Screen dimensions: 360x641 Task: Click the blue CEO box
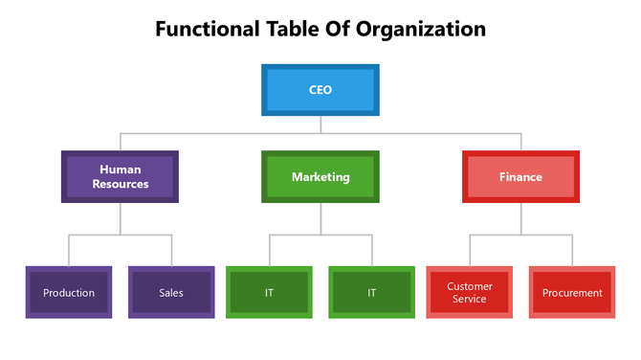[x=320, y=89]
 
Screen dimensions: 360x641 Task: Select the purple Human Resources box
[x=120, y=176]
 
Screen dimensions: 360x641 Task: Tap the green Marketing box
[x=320, y=176]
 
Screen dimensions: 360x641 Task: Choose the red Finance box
[x=520, y=176]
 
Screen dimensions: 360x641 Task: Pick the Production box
[x=69, y=292]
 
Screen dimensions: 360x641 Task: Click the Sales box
[x=171, y=292]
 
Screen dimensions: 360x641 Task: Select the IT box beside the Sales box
[x=269, y=292]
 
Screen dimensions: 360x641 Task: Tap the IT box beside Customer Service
[x=371, y=292]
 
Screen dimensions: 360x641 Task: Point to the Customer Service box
[x=469, y=292]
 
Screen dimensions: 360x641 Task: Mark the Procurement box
[x=572, y=292]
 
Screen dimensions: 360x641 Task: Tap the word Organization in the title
[x=421, y=29]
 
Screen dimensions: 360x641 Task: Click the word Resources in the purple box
[x=121, y=183]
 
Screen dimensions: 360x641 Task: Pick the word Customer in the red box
[x=469, y=285]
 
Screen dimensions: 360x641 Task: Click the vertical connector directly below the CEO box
[x=320, y=124]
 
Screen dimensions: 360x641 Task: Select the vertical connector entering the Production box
[x=69, y=250]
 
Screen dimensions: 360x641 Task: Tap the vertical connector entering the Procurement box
[x=572, y=250]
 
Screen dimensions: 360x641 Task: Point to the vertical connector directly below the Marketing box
[x=320, y=218]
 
